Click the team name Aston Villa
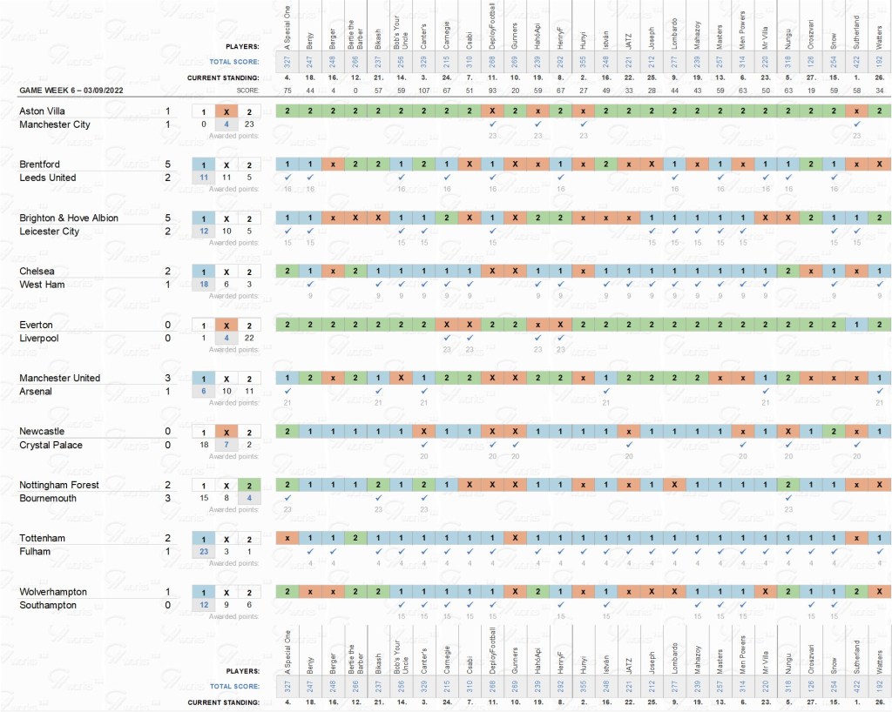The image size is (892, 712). (42, 111)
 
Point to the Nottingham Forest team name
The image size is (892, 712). (59, 485)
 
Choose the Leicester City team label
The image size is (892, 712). (49, 232)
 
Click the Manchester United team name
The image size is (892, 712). (59, 378)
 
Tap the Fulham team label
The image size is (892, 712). (36, 552)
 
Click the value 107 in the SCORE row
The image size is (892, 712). (424, 91)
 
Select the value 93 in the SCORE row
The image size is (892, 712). (492, 91)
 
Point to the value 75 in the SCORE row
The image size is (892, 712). (287, 91)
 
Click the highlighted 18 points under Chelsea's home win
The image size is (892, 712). (203, 285)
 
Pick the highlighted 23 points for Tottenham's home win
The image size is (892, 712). (203, 551)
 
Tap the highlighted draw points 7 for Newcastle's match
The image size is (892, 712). (226, 445)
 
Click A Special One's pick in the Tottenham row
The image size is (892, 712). (287, 538)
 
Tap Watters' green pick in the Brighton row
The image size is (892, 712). (879, 218)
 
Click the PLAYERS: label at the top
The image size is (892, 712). (242, 46)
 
